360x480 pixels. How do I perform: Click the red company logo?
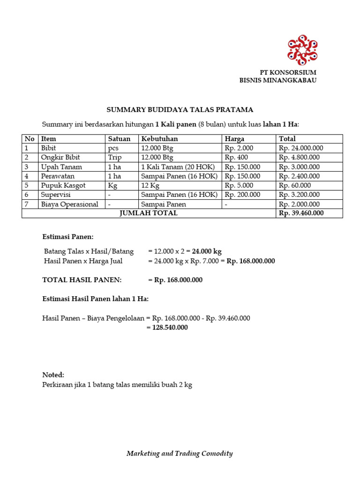(302, 50)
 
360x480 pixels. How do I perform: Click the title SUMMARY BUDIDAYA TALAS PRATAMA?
(180, 110)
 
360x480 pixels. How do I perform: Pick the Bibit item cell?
(48, 148)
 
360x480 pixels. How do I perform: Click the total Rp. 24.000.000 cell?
(301, 148)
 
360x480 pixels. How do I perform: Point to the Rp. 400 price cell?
(237, 157)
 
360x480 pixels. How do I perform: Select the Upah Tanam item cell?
(61, 167)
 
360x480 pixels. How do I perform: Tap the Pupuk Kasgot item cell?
(62, 185)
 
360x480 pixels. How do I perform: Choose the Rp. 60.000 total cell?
(295, 185)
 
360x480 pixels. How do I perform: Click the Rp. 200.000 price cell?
(242, 195)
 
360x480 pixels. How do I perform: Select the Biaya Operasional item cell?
(69, 204)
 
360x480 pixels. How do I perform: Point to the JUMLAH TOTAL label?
(149, 213)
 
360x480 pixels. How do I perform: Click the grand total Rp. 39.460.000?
(301, 213)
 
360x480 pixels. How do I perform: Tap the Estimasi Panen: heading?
(68, 237)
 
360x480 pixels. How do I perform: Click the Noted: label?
(53, 375)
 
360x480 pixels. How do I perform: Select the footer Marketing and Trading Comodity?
(180, 453)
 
